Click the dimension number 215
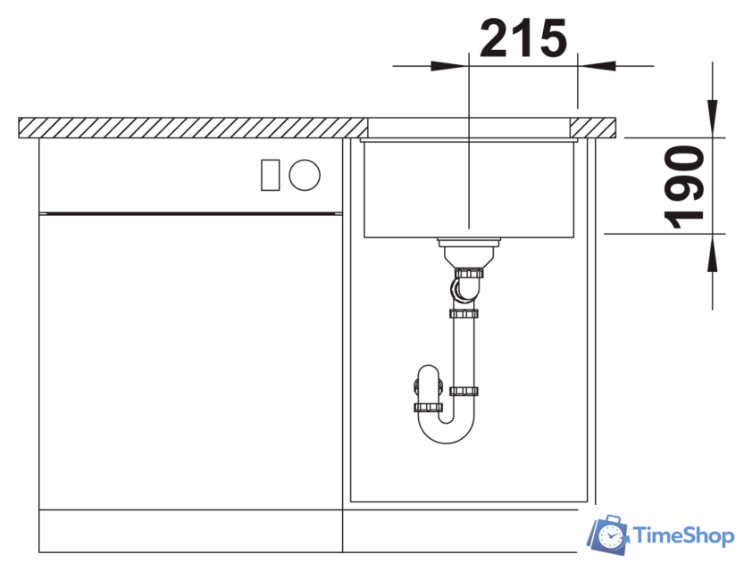523,37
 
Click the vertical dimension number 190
684,187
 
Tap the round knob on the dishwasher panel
305,175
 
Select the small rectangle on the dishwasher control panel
271,175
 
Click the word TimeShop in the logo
683,536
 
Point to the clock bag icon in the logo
607,535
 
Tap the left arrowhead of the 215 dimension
449,66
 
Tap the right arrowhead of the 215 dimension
597,66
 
